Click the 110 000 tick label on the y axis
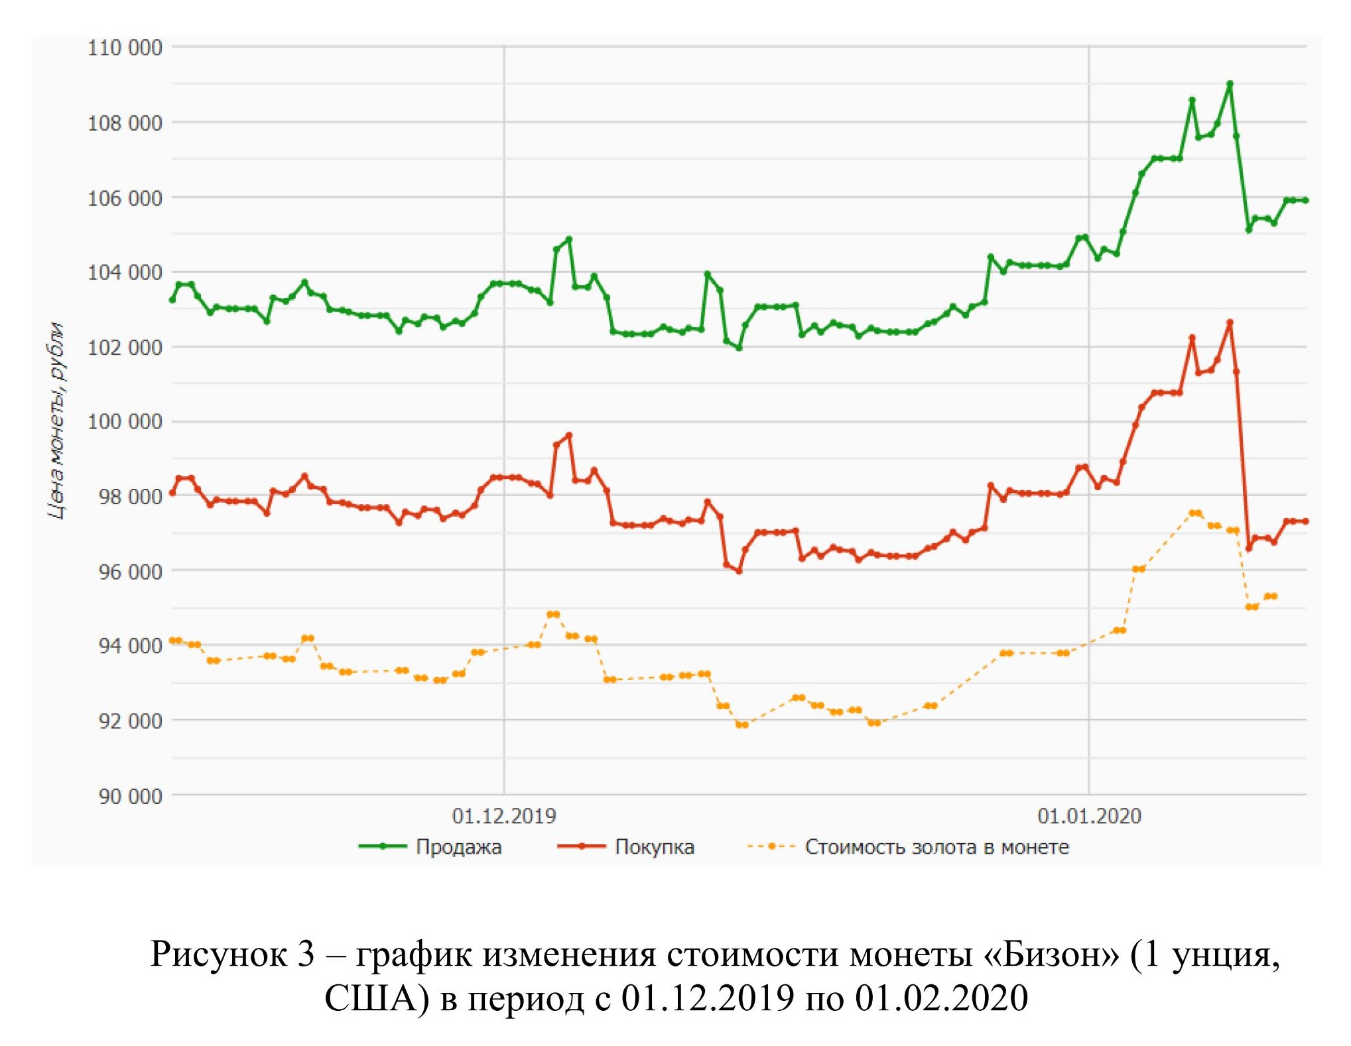(125, 48)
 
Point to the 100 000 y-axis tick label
(125, 421)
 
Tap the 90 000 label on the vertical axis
(130, 796)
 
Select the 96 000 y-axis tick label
(130, 571)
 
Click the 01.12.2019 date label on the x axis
(503, 816)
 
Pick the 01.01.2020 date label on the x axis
(1089, 816)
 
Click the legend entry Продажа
(458, 847)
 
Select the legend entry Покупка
(654, 847)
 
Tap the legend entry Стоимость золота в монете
(936, 847)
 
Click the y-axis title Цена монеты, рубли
(58, 421)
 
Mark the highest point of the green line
(1230, 84)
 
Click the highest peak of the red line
(1230, 322)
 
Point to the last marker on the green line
(1306, 200)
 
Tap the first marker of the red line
(172, 493)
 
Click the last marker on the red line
(1306, 521)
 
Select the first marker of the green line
(172, 300)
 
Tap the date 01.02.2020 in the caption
(941, 998)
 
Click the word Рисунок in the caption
(216, 954)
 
